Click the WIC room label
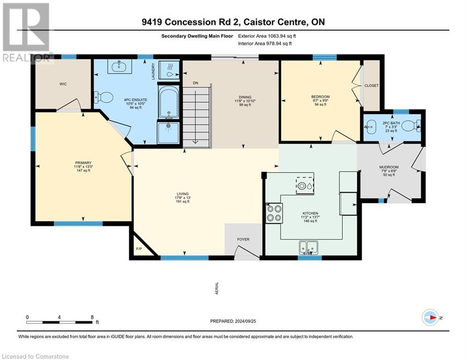[x=63, y=84]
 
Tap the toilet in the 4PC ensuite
[x=104, y=97]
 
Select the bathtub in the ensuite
[x=168, y=102]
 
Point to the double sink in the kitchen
[x=309, y=247]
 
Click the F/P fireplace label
[x=139, y=249]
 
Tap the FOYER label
[x=243, y=239]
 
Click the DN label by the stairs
[x=196, y=83]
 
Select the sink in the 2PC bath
[x=370, y=127]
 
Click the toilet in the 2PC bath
[x=411, y=126]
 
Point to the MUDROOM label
[x=389, y=167]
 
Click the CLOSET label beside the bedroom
[x=371, y=86]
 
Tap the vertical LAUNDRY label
[x=153, y=71]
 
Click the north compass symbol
[x=430, y=317]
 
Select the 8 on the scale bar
[x=92, y=317]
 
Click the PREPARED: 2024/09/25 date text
[x=233, y=321]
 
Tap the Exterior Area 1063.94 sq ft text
[x=267, y=36]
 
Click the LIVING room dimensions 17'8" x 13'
[x=183, y=197]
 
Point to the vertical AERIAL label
[x=217, y=288]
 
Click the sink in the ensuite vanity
[x=122, y=67]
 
